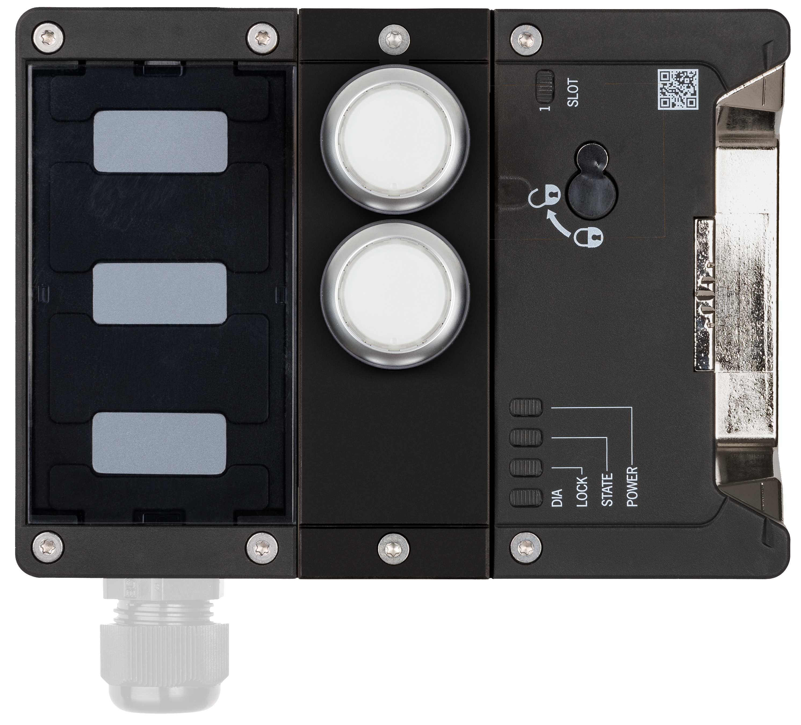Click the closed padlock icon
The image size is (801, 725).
589,237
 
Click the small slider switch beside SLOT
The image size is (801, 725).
544,86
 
